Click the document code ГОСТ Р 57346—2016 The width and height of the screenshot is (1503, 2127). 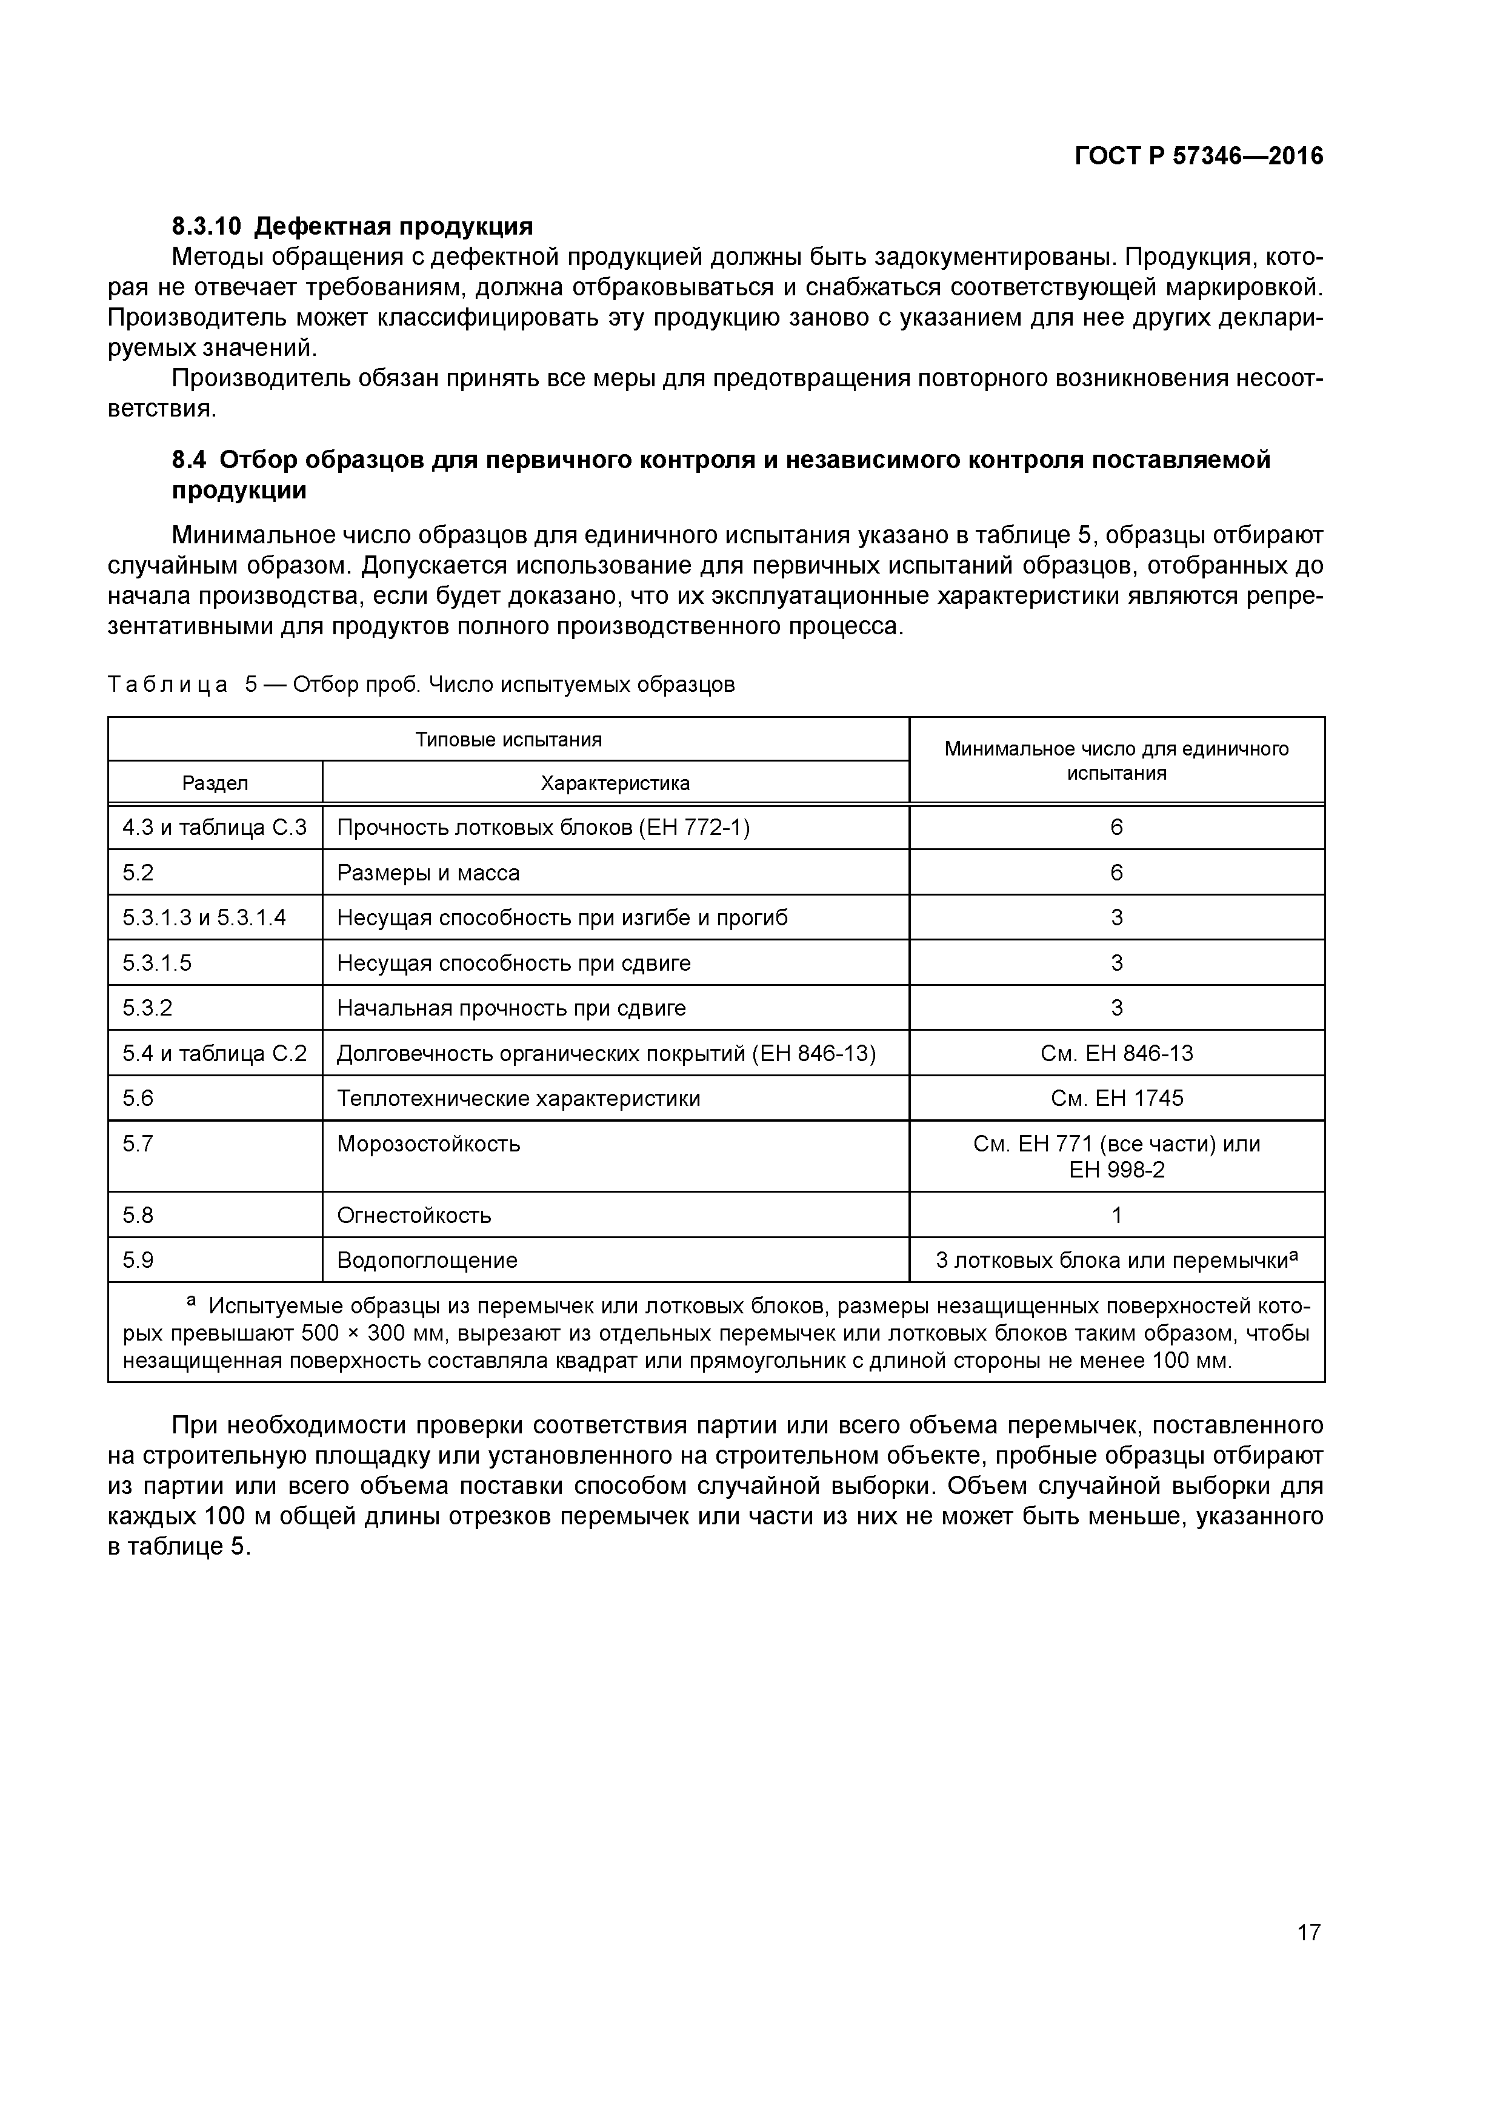point(1198,156)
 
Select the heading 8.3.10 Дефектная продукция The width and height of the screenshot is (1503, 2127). point(353,226)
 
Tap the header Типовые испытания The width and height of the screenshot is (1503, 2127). point(508,739)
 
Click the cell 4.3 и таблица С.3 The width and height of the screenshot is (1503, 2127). point(215,827)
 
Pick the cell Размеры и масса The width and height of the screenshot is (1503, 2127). point(428,873)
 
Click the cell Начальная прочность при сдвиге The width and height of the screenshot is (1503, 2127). point(511,1008)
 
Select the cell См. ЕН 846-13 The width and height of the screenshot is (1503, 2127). point(1117,1053)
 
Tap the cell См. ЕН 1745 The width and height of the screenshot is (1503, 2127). point(1117,1099)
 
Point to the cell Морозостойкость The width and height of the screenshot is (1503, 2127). point(428,1144)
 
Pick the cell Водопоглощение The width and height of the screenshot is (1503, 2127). point(427,1261)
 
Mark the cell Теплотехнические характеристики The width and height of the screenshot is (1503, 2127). point(519,1099)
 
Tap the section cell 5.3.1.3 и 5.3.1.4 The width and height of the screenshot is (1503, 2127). point(205,918)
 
